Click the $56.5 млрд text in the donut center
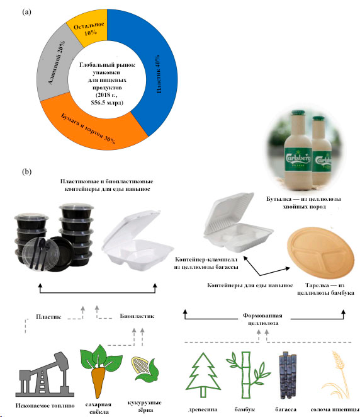tap(107, 103)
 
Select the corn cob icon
tap(145, 369)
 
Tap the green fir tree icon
tap(203, 375)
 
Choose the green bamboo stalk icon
tap(247, 375)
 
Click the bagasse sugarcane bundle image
tap(287, 375)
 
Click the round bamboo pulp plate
tap(321, 252)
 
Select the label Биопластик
tap(137, 316)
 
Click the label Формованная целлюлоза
tap(262, 319)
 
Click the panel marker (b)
tap(26, 171)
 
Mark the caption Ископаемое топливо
tap(45, 406)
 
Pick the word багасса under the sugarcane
tap(286, 409)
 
